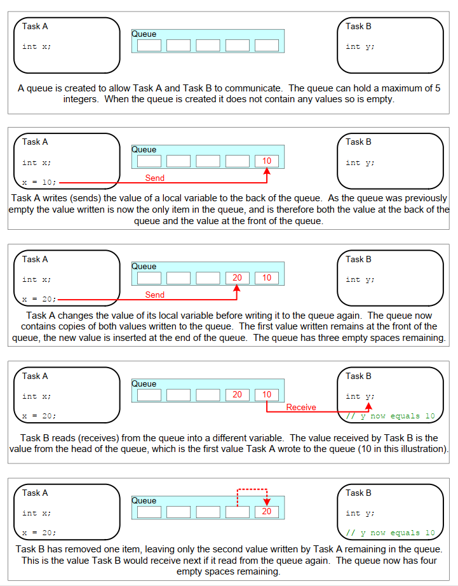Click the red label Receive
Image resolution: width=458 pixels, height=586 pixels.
click(x=301, y=407)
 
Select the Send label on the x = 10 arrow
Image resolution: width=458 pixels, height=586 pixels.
click(x=154, y=178)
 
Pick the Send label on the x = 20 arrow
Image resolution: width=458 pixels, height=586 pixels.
click(x=154, y=295)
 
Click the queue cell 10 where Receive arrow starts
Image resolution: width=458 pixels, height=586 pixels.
click(x=267, y=395)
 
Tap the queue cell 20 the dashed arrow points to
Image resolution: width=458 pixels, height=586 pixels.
click(x=267, y=512)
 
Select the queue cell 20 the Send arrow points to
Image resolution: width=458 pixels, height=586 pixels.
click(x=237, y=277)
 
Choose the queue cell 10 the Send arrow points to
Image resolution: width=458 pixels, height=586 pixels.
click(x=267, y=161)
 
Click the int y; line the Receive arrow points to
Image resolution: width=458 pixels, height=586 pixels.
click(x=360, y=396)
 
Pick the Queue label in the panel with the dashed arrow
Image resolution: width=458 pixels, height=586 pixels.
click(x=144, y=500)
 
